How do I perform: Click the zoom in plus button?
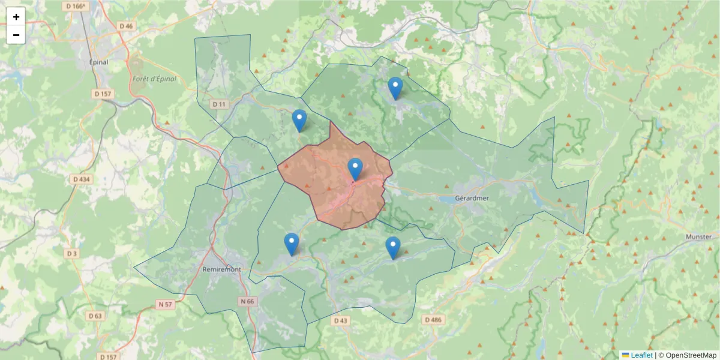point(16,17)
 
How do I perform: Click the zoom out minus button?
point(16,35)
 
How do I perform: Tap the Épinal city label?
point(98,62)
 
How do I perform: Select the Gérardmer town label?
point(472,198)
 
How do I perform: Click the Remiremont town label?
point(222,269)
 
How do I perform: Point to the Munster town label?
point(698,237)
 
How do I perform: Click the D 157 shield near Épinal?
point(103,94)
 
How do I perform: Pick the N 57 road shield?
point(166,305)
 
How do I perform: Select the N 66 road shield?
point(247,301)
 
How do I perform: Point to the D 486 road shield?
point(433,320)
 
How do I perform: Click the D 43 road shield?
point(340,321)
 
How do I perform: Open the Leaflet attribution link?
point(641,355)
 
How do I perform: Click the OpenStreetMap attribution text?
point(691,355)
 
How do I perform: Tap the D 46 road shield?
point(126,26)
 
